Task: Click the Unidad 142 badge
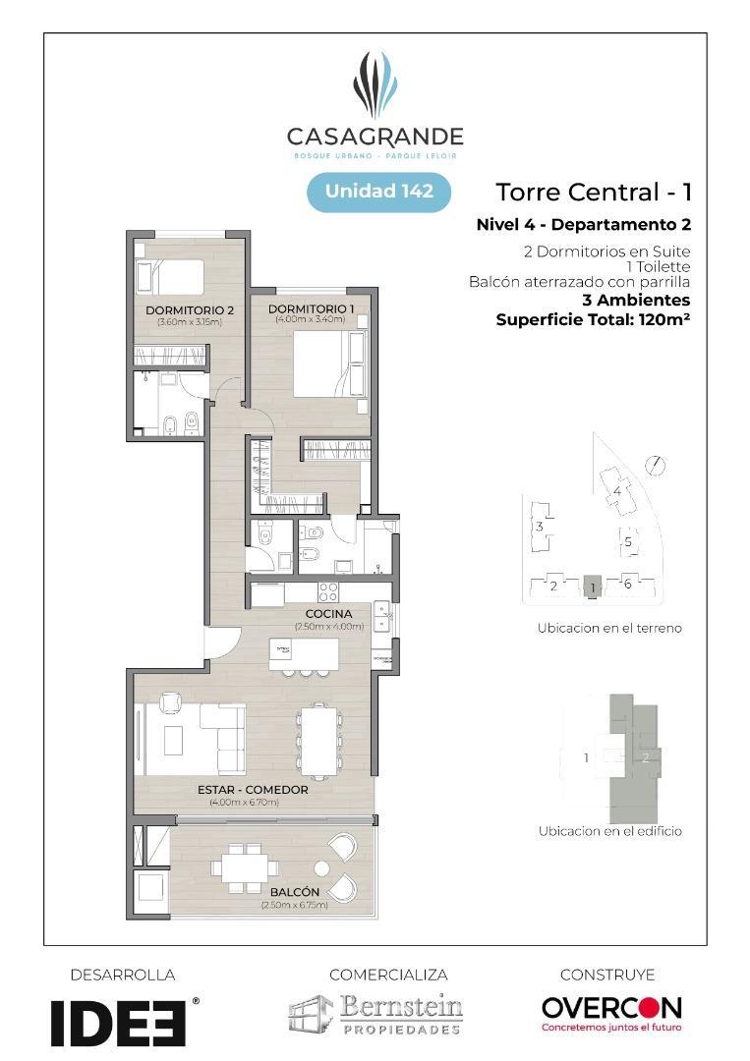pos(378,192)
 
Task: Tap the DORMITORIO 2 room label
pos(189,311)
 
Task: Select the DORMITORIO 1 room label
pos(311,309)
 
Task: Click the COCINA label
pos(328,614)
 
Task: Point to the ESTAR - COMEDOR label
pos(253,790)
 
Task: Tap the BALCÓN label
pos(294,892)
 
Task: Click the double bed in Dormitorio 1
pos(323,363)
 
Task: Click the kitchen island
pos(304,653)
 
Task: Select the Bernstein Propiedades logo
pos(375,1014)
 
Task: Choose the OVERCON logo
pos(611,1012)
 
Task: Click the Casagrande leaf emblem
pos(375,86)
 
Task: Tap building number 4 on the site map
pos(617,490)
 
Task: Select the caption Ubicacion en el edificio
pos(609,831)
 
